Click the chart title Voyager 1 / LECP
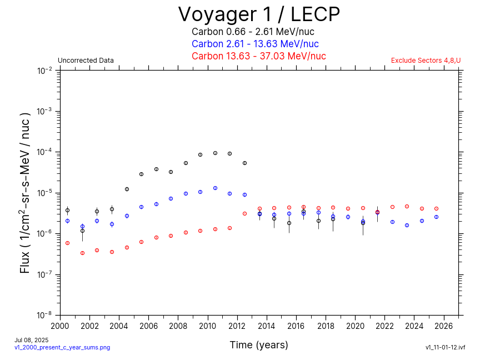[259, 14]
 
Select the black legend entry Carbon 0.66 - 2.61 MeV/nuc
[253, 32]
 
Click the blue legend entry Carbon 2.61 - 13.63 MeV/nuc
[255, 44]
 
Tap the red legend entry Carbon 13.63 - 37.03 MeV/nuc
[258, 56]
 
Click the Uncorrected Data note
[86, 61]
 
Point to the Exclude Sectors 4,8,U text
[426, 61]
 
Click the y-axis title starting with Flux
[25, 192]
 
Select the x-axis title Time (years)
[259, 345]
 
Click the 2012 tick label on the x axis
[237, 326]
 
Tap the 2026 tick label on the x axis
[444, 326]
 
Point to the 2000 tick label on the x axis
[60, 326]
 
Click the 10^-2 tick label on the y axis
[45, 71]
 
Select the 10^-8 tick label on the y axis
[45, 315]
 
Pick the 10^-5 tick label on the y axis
[45, 193]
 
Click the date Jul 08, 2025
[31, 340]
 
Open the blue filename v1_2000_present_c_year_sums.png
[62, 347]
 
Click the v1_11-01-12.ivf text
[445, 347]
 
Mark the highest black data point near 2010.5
[215, 153]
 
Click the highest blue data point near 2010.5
[215, 188]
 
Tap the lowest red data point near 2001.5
[82, 253]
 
